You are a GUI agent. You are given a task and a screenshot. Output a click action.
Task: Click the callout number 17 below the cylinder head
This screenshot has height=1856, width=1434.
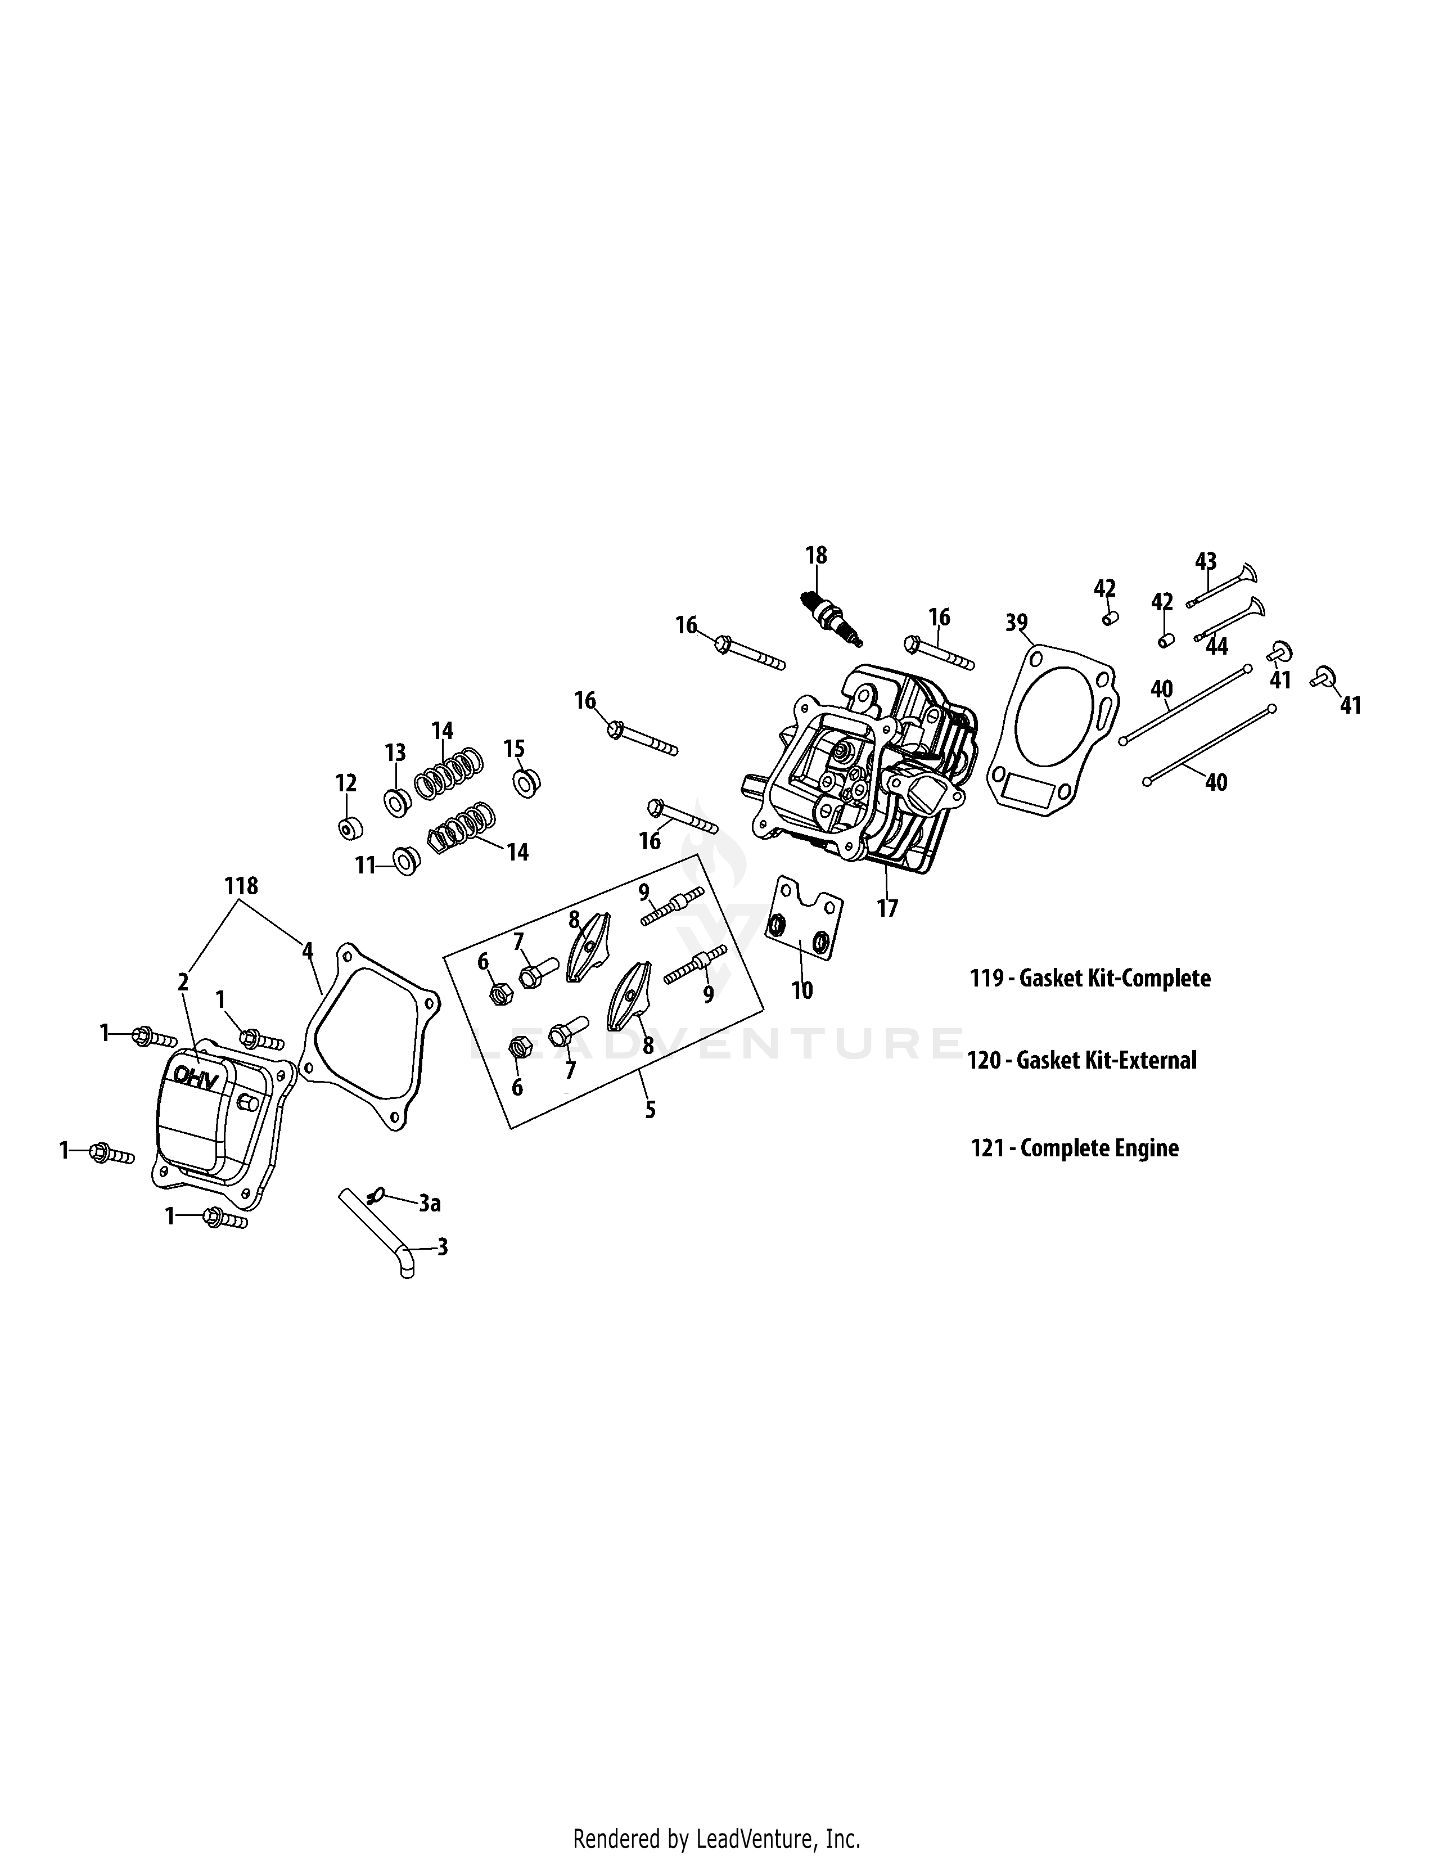[887, 908]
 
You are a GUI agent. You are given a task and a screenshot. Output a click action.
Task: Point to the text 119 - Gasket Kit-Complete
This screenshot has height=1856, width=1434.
[1090, 978]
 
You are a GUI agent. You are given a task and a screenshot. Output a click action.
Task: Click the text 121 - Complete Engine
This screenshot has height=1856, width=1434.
[1075, 1148]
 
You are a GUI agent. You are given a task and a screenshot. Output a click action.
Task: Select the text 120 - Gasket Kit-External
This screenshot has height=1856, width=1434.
[1081, 1061]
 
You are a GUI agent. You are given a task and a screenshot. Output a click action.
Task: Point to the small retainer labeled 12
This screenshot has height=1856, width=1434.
[346, 828]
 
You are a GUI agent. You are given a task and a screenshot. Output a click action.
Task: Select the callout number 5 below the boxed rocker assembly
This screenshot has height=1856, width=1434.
[650, 1109]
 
